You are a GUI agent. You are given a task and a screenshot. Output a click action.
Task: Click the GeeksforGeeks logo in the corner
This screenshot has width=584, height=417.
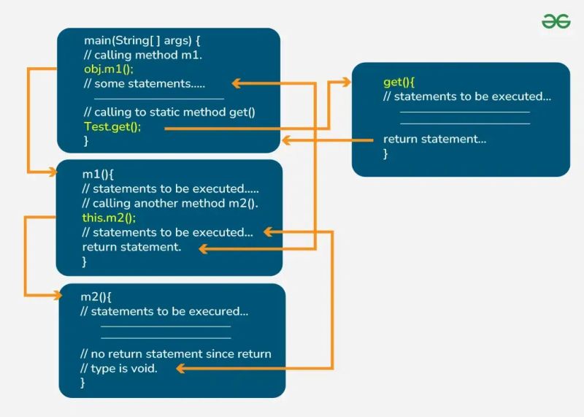(x=556, y=22)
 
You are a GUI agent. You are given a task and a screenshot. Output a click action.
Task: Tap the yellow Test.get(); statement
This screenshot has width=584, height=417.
(x=112, y=126)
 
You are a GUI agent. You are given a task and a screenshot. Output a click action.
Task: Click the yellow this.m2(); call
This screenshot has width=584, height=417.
(x=109, y=218)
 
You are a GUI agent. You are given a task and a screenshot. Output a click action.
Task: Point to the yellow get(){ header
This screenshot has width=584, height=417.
(x=399, y=82)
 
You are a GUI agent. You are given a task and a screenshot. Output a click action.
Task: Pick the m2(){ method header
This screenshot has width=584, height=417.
(x=96, y=297)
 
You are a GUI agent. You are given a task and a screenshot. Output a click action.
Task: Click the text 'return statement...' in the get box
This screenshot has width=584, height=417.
(x=434, y=139)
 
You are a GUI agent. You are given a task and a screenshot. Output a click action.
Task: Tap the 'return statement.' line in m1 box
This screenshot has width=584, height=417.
(x=131, y=247)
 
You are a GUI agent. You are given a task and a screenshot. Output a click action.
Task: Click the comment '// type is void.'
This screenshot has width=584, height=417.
(x=119, y=368)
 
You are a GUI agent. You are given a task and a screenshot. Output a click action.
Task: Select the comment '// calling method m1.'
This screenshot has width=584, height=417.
(x=142, y=55)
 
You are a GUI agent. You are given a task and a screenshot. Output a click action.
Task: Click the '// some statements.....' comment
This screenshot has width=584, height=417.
(x=145, y=83)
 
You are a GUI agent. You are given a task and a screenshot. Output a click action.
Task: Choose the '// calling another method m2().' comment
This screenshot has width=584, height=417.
(x=170, y=203)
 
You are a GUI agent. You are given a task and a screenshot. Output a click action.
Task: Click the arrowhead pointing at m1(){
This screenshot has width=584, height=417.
(x=53, y=173)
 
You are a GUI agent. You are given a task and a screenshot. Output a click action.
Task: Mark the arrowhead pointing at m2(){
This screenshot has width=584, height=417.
(x=56, y=295)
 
